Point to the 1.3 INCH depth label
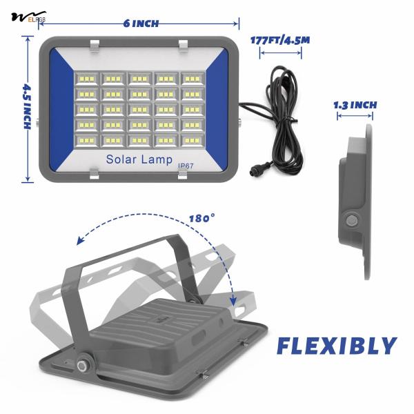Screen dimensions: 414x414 [x=355, y=106]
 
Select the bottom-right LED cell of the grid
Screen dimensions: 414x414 [x=192, y=140]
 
